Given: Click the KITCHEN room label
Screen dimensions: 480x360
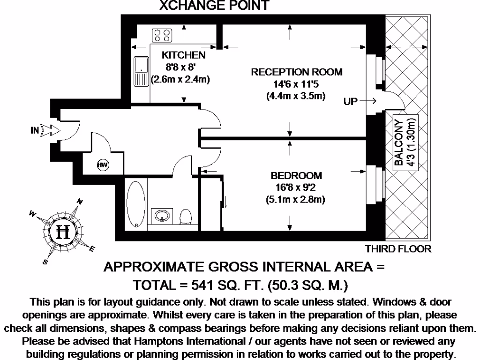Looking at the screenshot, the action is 183,55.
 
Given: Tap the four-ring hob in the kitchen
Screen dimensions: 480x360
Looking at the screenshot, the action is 162,35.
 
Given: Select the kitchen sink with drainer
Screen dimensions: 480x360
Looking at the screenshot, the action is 141,71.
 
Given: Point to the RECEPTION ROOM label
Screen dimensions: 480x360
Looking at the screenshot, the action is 297,72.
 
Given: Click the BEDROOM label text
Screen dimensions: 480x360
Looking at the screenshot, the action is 296,176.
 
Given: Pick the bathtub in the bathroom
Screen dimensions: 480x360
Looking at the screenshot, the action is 136,204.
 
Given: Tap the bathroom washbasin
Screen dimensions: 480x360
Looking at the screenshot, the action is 162,216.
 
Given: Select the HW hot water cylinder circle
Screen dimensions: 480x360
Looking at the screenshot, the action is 103,165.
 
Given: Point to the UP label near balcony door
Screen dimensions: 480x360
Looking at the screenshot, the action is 351,101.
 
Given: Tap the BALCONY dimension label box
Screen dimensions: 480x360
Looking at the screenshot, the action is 405,142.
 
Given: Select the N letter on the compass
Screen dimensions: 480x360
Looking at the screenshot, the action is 80,202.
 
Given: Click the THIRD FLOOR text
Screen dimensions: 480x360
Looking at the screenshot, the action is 398,249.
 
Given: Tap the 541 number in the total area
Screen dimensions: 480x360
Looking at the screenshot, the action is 202,285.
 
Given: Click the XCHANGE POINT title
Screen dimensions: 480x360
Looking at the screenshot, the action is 214,5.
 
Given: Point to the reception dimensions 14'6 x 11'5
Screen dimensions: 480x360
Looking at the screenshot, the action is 296,84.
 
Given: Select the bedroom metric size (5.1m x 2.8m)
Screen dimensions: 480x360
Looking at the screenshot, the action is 295,200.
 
